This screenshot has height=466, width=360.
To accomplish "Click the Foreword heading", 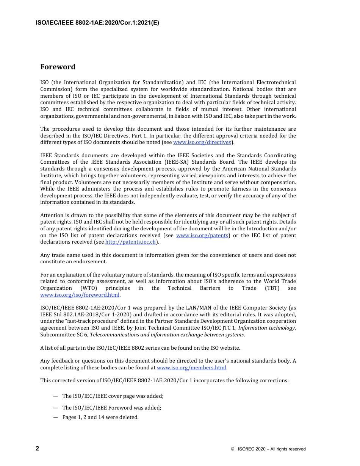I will click(58, 67).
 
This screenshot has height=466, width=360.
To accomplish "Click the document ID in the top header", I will click(97, 23).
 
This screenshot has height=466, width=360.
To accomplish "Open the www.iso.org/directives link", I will click(202, 142).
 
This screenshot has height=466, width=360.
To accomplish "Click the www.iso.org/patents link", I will click(202, 235).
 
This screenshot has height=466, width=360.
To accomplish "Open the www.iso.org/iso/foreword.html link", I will click(80, 295).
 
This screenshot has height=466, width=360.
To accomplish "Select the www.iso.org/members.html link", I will click(191, 367).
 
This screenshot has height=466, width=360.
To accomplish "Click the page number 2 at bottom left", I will click(38, 449).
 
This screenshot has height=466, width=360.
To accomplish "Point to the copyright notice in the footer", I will click(268, 449).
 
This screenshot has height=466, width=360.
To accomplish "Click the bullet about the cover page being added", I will click(113, 396).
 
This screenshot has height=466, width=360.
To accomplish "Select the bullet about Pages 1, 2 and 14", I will click(100, 418).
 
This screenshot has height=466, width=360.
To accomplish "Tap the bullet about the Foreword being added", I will click(112, 408).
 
